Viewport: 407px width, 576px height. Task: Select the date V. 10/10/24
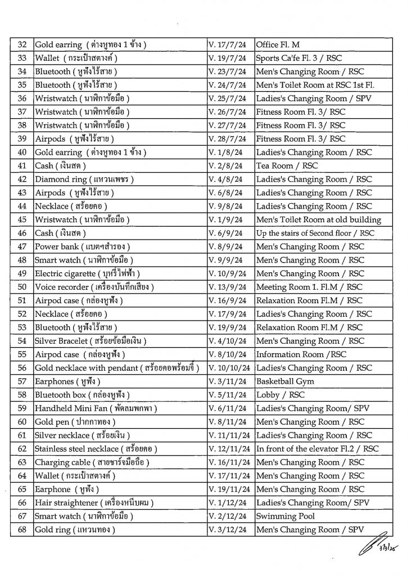(229, 368)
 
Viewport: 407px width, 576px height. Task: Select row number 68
(22, 529)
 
